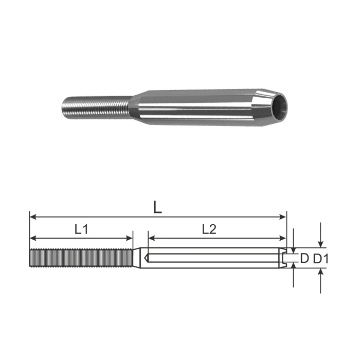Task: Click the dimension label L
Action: coord(157,207)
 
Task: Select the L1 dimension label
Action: coord(81,229)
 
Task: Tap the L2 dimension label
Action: coord(209,229)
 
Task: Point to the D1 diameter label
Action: coord(320,259)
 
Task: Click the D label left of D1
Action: coord(304,259)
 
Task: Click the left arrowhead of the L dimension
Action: coord(33,217)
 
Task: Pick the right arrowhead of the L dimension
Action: coord(283,217)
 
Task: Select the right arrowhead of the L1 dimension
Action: coord(130,238)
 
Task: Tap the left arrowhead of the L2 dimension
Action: coord(152,238)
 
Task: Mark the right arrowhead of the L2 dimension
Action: coord(283,238)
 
